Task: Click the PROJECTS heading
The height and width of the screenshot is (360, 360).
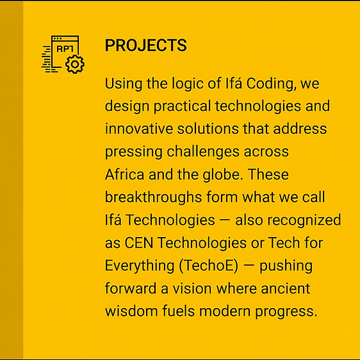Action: [x=146, y=45]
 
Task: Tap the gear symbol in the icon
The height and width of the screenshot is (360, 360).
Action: [x=75, y=64]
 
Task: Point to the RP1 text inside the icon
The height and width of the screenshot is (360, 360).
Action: [x=65, y=49]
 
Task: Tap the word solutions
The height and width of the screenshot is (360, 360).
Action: [x=208, y=129]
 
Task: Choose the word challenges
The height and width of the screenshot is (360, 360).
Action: [x=203, y=152]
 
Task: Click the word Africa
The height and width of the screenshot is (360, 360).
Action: [x=125, y=174]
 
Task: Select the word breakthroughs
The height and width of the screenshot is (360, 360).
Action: [x=153, y=198]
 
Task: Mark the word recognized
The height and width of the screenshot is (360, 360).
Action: [x=304, y=220]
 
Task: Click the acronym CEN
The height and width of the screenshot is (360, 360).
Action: [x=138, y=243]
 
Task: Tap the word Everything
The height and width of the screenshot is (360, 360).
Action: [x=140, y=266]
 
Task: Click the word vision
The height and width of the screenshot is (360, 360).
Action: [x=192, y=289]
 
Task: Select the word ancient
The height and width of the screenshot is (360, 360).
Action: [x=286, y=289]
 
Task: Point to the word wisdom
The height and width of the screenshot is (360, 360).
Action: [x=131, y=311]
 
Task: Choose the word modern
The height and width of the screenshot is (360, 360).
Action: [x=225, y=311]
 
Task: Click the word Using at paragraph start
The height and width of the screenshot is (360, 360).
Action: [x=124, y=84]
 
